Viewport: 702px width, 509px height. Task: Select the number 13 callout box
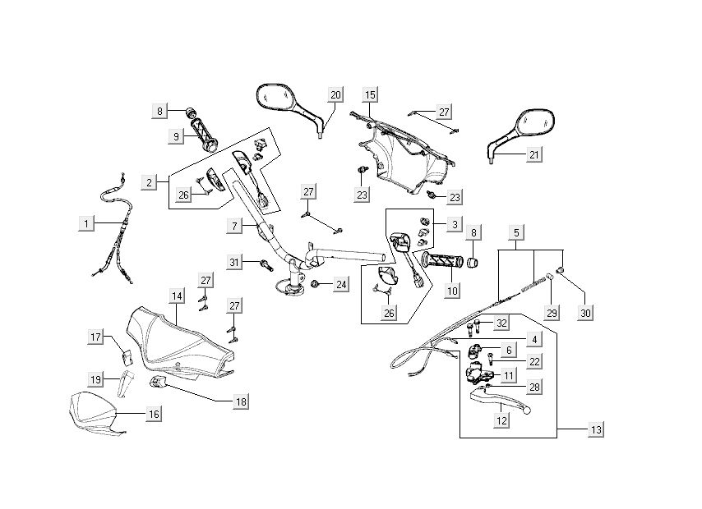(595, 430)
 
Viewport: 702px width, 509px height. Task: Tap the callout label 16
(154, 415)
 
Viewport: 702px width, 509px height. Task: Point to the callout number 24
(340, 285)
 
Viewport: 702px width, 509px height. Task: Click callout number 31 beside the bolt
(236, 262)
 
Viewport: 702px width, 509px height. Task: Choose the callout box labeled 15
(370, 94)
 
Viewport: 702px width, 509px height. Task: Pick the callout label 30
(584, 313)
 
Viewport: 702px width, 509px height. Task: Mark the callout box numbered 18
(241, 401)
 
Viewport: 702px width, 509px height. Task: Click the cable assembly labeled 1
(115, 230)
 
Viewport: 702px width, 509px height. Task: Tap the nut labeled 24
(316, 284)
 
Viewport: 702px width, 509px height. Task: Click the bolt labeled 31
(266, 265)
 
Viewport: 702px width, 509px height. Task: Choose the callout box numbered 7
(234, 224)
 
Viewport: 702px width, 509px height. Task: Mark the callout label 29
(552, 313)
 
